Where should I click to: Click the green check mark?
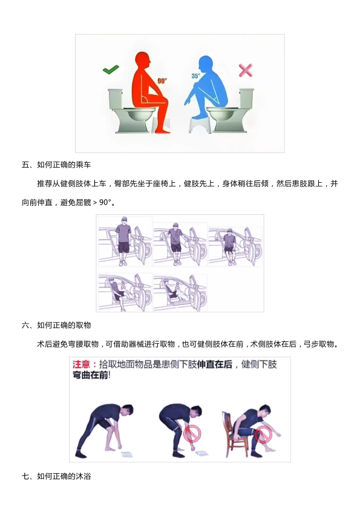[x=111, y=69]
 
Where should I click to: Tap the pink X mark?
[x=246, y=70]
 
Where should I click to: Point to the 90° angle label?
[x=162, y=80]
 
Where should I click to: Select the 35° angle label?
[x=195, y=76]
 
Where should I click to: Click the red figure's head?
[x=143, y=60]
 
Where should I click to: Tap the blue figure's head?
[x=206, y=64]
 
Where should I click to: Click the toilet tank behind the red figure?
[x=115, y=99]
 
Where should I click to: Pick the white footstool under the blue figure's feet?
[x=200, y=125]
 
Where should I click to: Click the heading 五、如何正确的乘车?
[x=56, y=165]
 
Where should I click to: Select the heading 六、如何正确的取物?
[x=56, y=325]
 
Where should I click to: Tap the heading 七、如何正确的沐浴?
[x=56, y=476]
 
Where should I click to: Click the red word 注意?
[x=81, y=364]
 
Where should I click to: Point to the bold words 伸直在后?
[x=215, y=364]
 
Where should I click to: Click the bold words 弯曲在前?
[x=90, y=375]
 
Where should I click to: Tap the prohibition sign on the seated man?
[x=263, y=435]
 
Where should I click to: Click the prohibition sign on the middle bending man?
[x=192, y=433]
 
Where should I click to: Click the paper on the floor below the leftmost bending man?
[x=127, y=454]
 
